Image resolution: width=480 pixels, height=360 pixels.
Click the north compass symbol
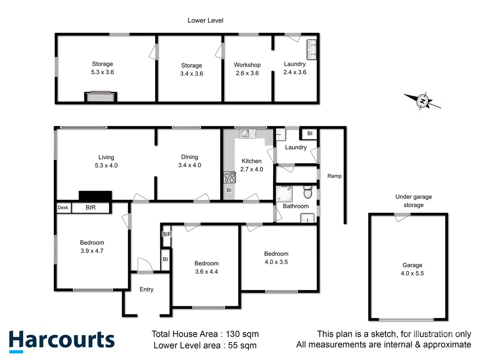422,101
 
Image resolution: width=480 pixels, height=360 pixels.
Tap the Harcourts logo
62,341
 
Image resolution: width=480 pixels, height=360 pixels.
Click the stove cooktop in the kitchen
229,177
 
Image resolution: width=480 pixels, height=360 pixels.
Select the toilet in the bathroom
308,192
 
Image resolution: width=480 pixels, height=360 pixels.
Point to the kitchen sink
247,133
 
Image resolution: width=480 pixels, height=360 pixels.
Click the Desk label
63,207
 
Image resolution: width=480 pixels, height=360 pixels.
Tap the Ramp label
334,176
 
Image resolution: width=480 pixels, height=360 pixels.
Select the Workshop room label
247,65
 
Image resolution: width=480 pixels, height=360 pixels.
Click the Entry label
146,289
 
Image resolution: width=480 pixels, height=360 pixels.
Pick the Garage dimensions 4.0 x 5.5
412,273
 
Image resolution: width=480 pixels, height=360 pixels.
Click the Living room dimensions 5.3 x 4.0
106,165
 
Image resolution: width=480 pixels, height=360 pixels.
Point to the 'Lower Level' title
205,20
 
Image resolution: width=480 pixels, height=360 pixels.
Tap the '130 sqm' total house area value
242,334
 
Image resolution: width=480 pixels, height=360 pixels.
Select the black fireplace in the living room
95,196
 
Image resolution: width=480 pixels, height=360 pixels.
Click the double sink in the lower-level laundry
311,49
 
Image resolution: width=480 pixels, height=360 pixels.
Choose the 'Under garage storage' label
413,201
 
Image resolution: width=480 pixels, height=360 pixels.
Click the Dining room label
189,157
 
